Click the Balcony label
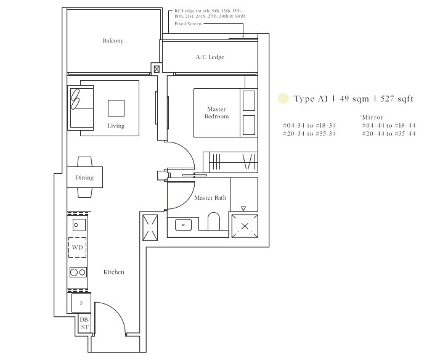pos(113,41)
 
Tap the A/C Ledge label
pos(210,57)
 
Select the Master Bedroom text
pos(216,113)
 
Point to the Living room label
pos(116,126)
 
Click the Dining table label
pos(84,178)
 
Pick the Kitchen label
pos(114,272)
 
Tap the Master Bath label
pos(210,198)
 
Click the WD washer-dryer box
pos(78,248)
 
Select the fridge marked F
pos(81,303)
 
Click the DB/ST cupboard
pos(84,324)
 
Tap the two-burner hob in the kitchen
pos(78,272)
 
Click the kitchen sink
pos(79,225)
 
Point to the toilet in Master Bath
pos(214,221)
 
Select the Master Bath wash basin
pos(183,225)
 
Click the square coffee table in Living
pos(116,108)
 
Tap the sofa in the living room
pos(81,108)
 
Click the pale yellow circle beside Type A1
pos(283,99)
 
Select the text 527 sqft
pos(397,99)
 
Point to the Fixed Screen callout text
pos(188,23)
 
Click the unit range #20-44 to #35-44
pos(389,134)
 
